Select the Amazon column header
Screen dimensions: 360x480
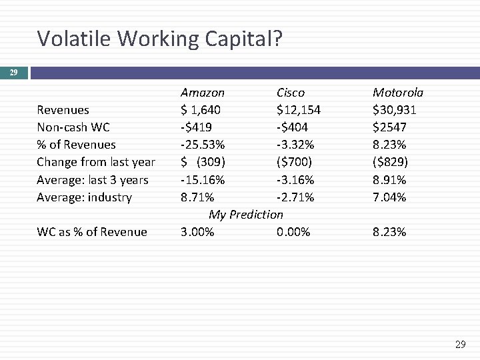203,92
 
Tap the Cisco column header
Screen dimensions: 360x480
291,92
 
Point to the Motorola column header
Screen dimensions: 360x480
398,92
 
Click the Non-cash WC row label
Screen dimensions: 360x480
73,127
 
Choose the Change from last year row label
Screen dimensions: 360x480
96,162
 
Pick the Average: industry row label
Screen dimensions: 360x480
85,197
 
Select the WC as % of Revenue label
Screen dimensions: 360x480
92,232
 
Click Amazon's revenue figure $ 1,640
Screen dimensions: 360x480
201,109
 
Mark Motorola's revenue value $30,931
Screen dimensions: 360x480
395,109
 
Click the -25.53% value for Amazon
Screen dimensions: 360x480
203,145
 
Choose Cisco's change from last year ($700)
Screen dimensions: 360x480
294,162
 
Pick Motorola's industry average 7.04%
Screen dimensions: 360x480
389,197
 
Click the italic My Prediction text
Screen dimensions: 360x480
246,215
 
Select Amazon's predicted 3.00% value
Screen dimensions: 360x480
197,232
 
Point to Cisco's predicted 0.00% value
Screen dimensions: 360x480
293,232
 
